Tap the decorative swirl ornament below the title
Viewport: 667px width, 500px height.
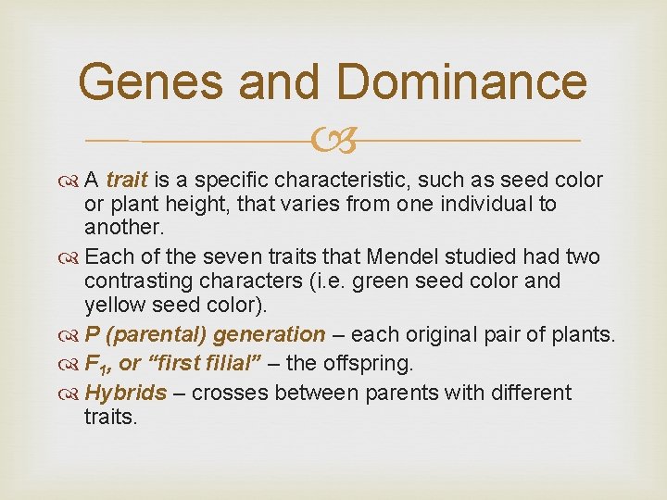click(333, 141)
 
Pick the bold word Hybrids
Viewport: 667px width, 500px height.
click(126, 393)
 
